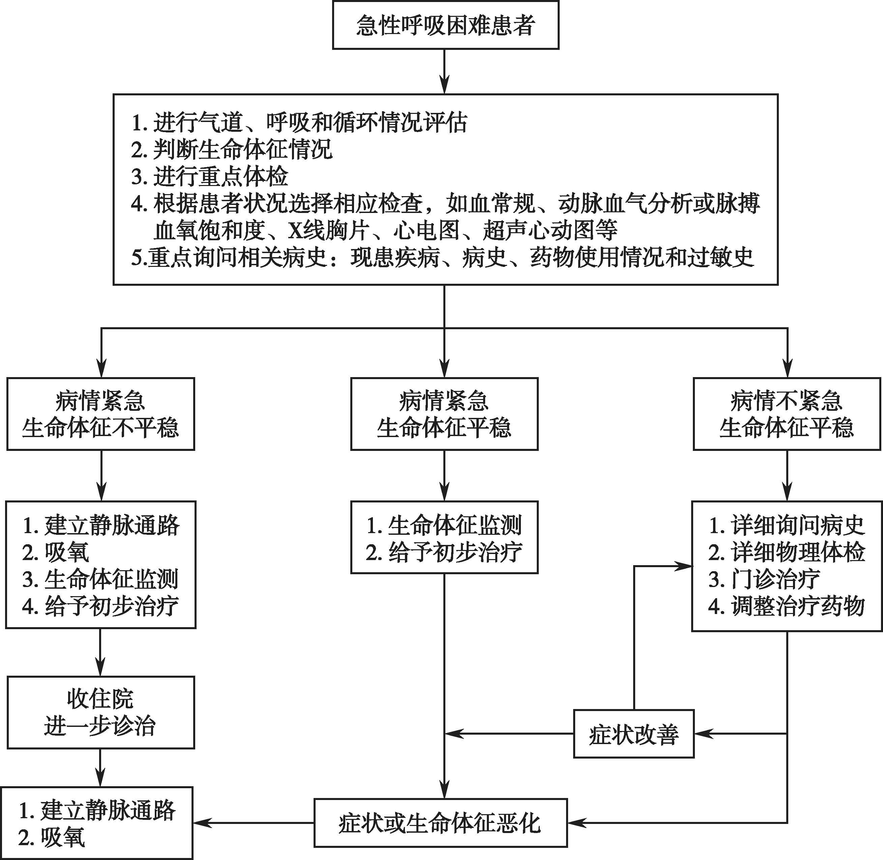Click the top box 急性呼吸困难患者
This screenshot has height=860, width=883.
point(446,25)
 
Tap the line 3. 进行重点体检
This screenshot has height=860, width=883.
point(210,176)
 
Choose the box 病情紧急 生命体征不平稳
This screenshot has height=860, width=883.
point(101,414)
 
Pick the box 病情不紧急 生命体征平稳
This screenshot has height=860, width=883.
point(787,414)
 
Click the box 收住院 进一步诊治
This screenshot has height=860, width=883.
point(101,712)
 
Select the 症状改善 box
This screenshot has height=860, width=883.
point(634,734)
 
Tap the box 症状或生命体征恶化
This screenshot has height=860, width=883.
point(441,823)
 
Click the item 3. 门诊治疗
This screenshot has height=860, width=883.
point(764,579)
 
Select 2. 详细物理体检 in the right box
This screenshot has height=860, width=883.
point(786,552)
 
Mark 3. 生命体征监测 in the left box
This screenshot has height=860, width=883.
point(100,579)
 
